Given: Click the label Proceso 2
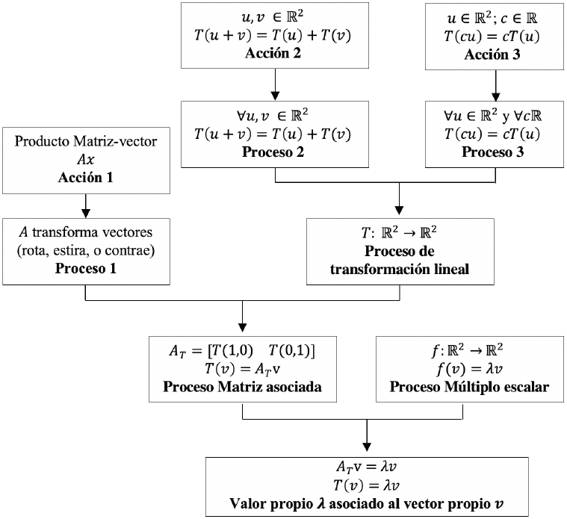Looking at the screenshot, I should [x=276, y=152].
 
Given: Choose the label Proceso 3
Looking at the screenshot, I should [x=495, y=152].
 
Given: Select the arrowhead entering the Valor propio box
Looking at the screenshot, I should [x=366, y=447].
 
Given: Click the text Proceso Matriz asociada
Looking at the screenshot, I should [x=243, y=387].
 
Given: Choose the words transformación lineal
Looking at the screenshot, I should [x=401, y=269].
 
